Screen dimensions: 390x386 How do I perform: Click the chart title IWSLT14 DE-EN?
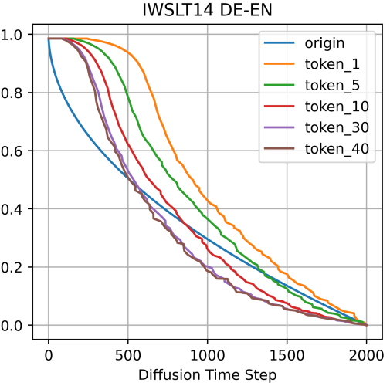click(x=207, y=10)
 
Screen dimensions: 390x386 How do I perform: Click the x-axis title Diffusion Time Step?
click(x=207, y=375)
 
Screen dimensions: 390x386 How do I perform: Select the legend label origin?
click(x=324, y=43)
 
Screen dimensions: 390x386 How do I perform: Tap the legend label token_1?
click(x=332, y=64)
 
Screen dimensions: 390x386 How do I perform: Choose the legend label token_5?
click(x=332, y=86)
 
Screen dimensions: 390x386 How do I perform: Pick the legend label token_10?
click(x=337, y=107)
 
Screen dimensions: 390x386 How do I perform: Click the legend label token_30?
click(x=337, y=127)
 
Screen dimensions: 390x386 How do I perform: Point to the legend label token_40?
click(x=337, y=149)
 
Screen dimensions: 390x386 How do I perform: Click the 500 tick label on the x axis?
click(x=128, y=356)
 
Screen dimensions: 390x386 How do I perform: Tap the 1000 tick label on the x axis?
click(x=207, y=356)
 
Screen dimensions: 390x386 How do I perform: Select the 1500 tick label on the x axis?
click(x=287, y=356)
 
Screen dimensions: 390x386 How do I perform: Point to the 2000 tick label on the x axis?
click(x=366, y=356)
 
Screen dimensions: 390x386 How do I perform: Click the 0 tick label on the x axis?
click(x=49, y=356)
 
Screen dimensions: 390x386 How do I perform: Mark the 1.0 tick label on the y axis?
click(x=12, y=35)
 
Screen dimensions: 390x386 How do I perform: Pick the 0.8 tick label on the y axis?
click(x=12, y=93)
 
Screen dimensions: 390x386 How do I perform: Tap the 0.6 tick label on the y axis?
click(x=12, y=151)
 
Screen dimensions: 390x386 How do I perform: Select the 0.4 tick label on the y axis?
click(x=12, y=209)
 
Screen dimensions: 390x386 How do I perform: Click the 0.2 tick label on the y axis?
click(x=12, y=268)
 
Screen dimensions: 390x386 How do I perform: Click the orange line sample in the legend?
click(x=279, y=64)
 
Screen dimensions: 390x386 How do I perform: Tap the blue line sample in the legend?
click(x=279, y=42)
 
